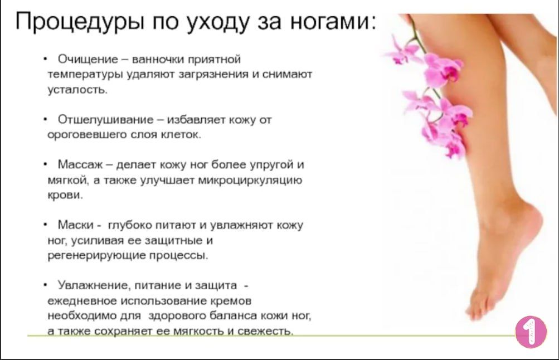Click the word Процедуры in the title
(x=80, y=22)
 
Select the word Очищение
(x=88, y=59)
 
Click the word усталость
(x=77, y=90)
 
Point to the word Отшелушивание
(x=105, y=119)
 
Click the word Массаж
(x=80, y=164)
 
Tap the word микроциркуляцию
(x=250, y=181)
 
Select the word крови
(x=65, y=196)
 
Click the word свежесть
(x=265, y=331)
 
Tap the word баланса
(x=233, y=316)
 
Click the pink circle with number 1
(x=531, y=332)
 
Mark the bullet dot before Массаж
(x=45, y=164)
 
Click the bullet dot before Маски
(x=45, y=225)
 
